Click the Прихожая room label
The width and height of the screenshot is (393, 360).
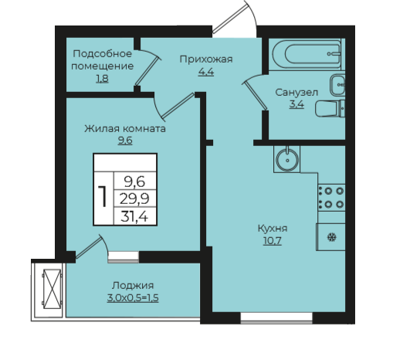click(x=206, y=59)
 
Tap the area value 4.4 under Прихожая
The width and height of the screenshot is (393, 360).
click(x=206, y=72)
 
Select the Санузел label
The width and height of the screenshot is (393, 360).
click(x=296, y=92)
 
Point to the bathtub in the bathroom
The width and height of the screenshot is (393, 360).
click(x=307, y=54)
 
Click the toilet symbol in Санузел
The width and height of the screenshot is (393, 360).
click(x=330, y=109)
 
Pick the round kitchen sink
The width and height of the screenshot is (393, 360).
click(x=287, y=160)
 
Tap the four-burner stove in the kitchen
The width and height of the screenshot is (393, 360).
click(x=331, y=198)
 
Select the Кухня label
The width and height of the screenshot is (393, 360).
click(x=273, y=228)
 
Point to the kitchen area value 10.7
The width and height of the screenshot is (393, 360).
click(x=273, y=241)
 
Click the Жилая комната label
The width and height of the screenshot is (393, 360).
click(x=125, y=128)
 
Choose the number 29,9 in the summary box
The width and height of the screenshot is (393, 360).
click(x=134, y=199)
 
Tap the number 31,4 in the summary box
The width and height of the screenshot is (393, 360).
click(x=134, y=216)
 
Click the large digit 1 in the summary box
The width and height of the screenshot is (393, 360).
click(x=103, y=197)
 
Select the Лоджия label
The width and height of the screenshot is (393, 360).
click(x=133, y=285)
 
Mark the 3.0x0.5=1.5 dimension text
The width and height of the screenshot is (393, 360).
click(x=133, y=298)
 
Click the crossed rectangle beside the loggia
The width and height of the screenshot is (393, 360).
click(x=53, y=289)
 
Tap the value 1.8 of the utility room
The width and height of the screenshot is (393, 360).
click(x=102, y=79)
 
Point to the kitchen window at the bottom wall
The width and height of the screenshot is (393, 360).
click(x=276, y=318)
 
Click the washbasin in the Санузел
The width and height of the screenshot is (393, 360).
click(x=337, y=85)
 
